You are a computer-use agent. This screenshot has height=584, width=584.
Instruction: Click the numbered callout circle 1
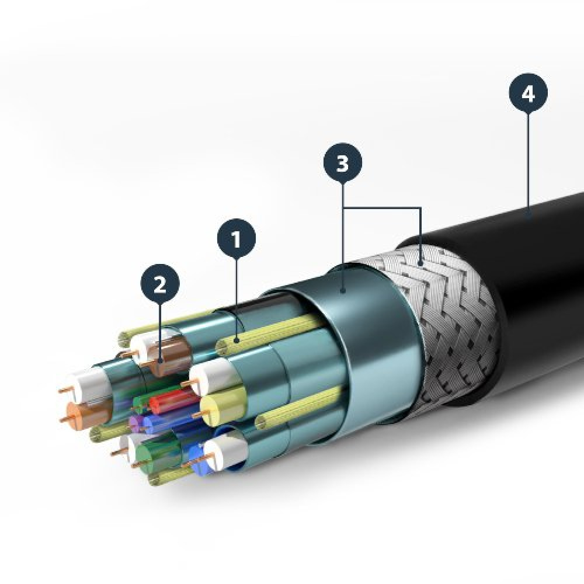[x=237, y=239]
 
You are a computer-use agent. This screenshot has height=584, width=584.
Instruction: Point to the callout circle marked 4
[x=529, y=93]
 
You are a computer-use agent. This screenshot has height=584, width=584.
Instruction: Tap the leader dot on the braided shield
[x=420, y=263]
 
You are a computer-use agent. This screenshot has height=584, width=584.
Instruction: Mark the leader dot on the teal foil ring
[x=343, y=288]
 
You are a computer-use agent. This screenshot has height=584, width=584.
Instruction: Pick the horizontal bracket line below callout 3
[x=382, y=208]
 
